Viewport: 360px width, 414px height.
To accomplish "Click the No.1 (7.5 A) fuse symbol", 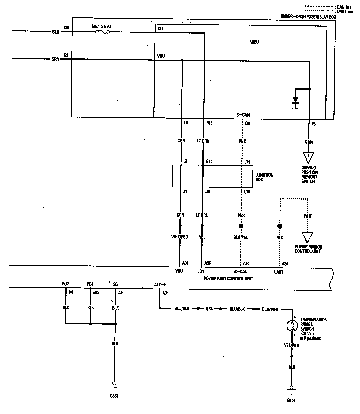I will coord(102,32).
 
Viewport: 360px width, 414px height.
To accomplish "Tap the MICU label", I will coord(254,42).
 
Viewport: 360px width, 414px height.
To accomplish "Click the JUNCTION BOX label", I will coord(264,177).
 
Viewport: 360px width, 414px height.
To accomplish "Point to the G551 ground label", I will coord(114,396).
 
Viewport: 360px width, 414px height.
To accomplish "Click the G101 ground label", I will coord(291,401).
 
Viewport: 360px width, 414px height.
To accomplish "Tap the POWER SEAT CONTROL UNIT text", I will coord(228,279).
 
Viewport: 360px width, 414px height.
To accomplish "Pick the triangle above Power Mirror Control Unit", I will coord(307,237).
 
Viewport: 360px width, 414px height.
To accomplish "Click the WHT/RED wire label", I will coord(179,237).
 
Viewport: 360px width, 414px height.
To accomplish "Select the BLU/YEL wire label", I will coord(241,238).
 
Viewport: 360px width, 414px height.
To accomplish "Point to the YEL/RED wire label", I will coord(291,346).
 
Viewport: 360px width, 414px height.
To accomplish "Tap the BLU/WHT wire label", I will coord(270,309).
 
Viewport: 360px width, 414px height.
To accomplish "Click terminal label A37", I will coord(185,263).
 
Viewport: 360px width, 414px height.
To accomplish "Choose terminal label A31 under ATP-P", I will coord(166,293).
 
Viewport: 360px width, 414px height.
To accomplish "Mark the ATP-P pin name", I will coord(160,284).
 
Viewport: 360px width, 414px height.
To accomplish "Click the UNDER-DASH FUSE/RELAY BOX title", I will coord(308,17).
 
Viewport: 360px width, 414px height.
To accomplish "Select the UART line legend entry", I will coord(344,12).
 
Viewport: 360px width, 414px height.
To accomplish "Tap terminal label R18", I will coord(209,123).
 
